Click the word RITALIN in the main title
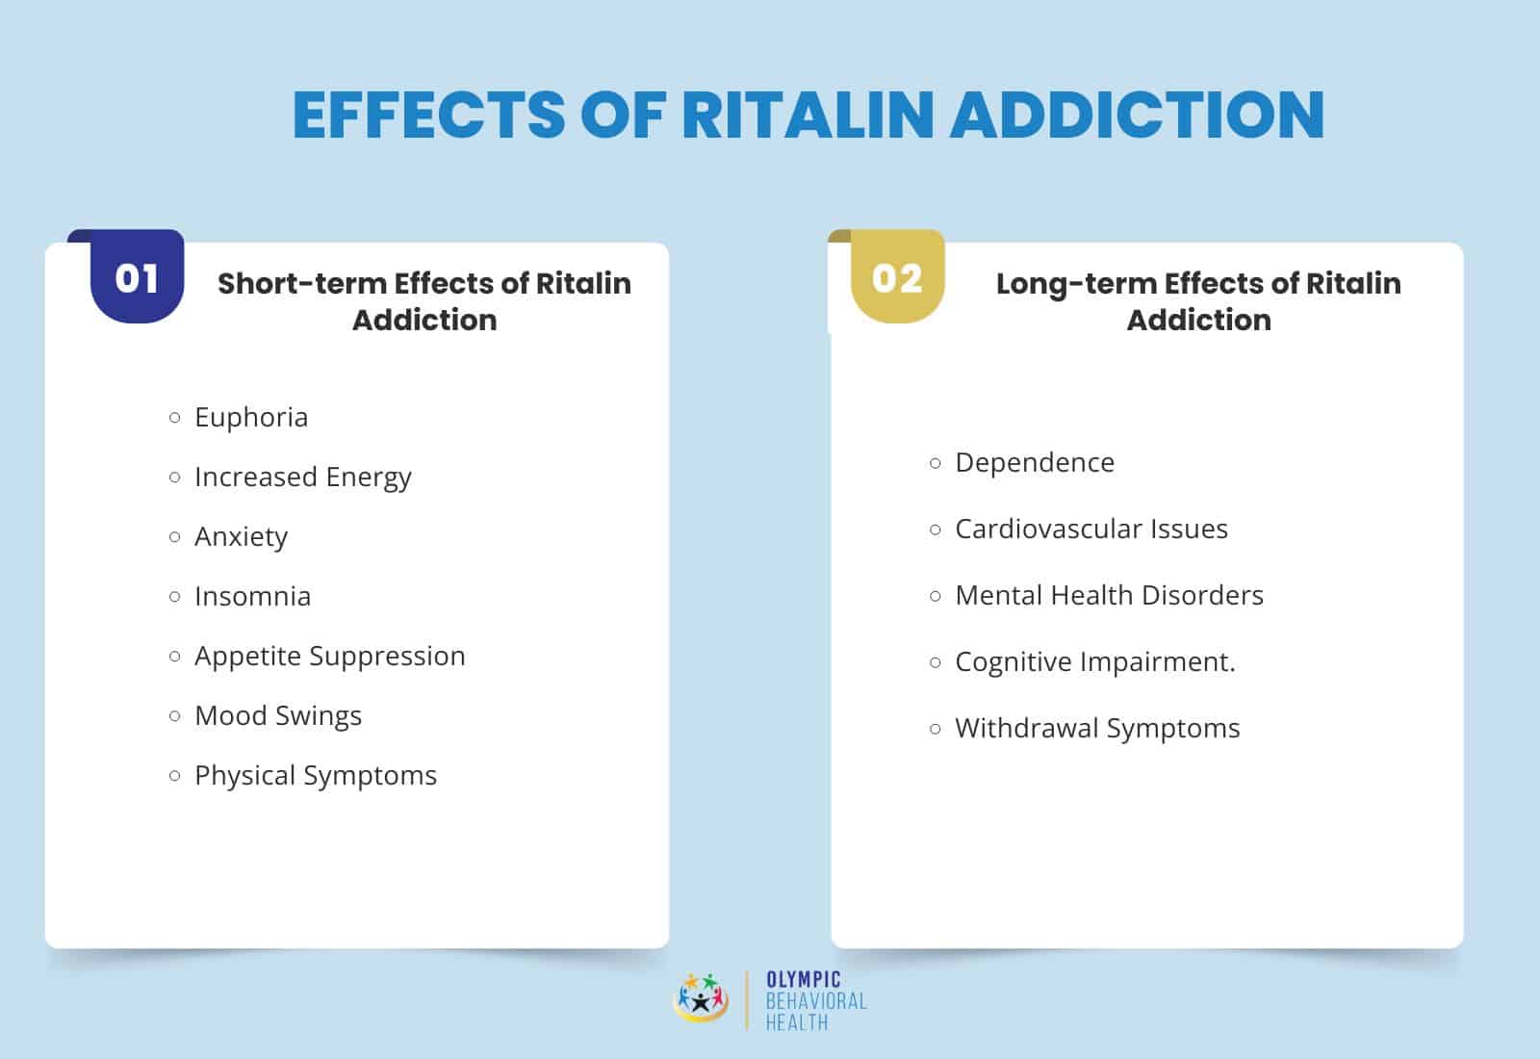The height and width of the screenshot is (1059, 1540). click(808, 115)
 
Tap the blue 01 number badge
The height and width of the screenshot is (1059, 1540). click(137, 278)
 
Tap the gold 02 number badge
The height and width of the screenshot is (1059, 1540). click(897, 278)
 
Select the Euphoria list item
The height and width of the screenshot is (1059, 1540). click(251, 417)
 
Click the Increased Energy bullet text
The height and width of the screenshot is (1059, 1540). click(302, 477)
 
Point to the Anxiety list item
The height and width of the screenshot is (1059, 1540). click(241, 536)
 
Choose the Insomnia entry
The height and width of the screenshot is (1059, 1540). click(252, 596)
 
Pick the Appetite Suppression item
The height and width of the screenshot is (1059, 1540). click(329, 656)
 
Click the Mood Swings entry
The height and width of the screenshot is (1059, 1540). click(278, 715)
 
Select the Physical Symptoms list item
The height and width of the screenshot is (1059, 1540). click(315, 775)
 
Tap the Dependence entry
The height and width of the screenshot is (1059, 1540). click(1034, 462)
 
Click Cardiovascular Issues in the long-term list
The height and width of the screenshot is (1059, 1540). click(1091, 529)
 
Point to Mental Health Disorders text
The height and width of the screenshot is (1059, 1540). click(1109, 595)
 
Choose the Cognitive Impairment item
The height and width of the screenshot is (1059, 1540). click(1094, 661)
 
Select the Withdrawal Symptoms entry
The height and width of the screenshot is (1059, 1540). click(1097, 728)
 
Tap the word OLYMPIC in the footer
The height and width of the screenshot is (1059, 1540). click(803, 980)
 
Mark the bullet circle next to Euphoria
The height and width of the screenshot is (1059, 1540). click(174, 418)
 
